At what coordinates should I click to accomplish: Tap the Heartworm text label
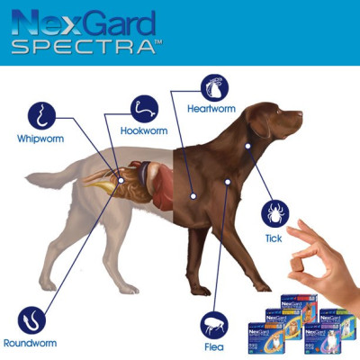pos(211,109)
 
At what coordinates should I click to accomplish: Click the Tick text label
pos(274,238)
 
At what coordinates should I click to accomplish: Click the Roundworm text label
pos(33,344)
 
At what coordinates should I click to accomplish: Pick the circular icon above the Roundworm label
pos(32,319)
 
